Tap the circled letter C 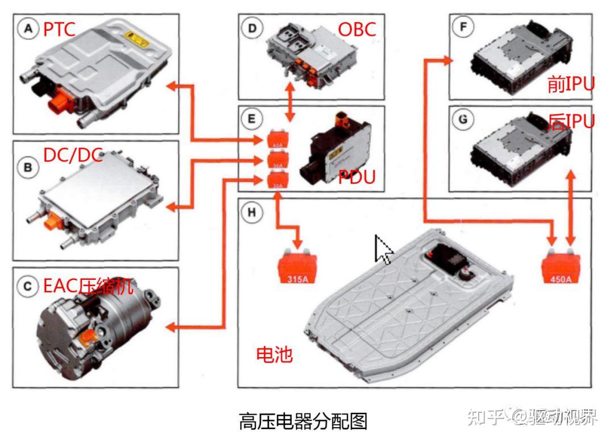(28, 287)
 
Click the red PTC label (59, 29)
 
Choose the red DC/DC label (73, 154)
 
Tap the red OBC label (357, 29)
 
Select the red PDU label (356, 177)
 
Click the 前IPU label (570, 84)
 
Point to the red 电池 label (275, 354)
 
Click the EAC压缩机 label (88, 286)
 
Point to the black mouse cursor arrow (382, 249)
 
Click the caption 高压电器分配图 (302, 421)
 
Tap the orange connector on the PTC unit (60, 105)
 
